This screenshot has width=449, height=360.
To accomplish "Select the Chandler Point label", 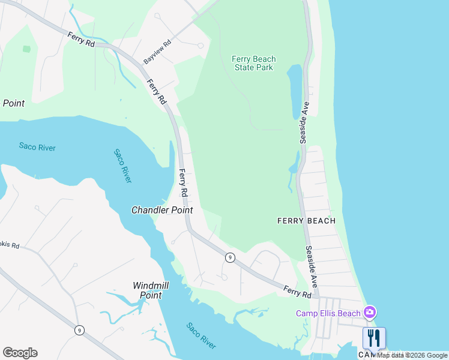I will (162, 210).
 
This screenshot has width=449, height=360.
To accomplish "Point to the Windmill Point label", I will (147, 291).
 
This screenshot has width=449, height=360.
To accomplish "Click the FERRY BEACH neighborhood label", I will (306, 221).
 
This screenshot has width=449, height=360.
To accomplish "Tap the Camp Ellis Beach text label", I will (328, 313).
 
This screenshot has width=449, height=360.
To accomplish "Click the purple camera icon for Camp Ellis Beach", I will (370, 312).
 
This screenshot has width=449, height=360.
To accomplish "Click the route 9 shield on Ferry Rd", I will (230, 257).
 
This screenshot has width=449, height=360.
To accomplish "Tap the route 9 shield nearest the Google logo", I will (79, 329).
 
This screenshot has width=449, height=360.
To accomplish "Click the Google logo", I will (20, 353).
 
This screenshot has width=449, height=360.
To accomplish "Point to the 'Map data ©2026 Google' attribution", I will (412, 355).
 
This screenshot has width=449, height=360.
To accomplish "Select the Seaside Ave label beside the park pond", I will (304, 122).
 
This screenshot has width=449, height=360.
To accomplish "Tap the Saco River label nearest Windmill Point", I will (200, 336).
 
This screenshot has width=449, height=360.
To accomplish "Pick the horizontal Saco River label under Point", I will (37, 146).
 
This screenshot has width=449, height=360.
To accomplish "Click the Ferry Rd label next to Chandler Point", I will (184, 184).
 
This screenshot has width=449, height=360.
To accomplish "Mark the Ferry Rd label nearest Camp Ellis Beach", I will (298, 292).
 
